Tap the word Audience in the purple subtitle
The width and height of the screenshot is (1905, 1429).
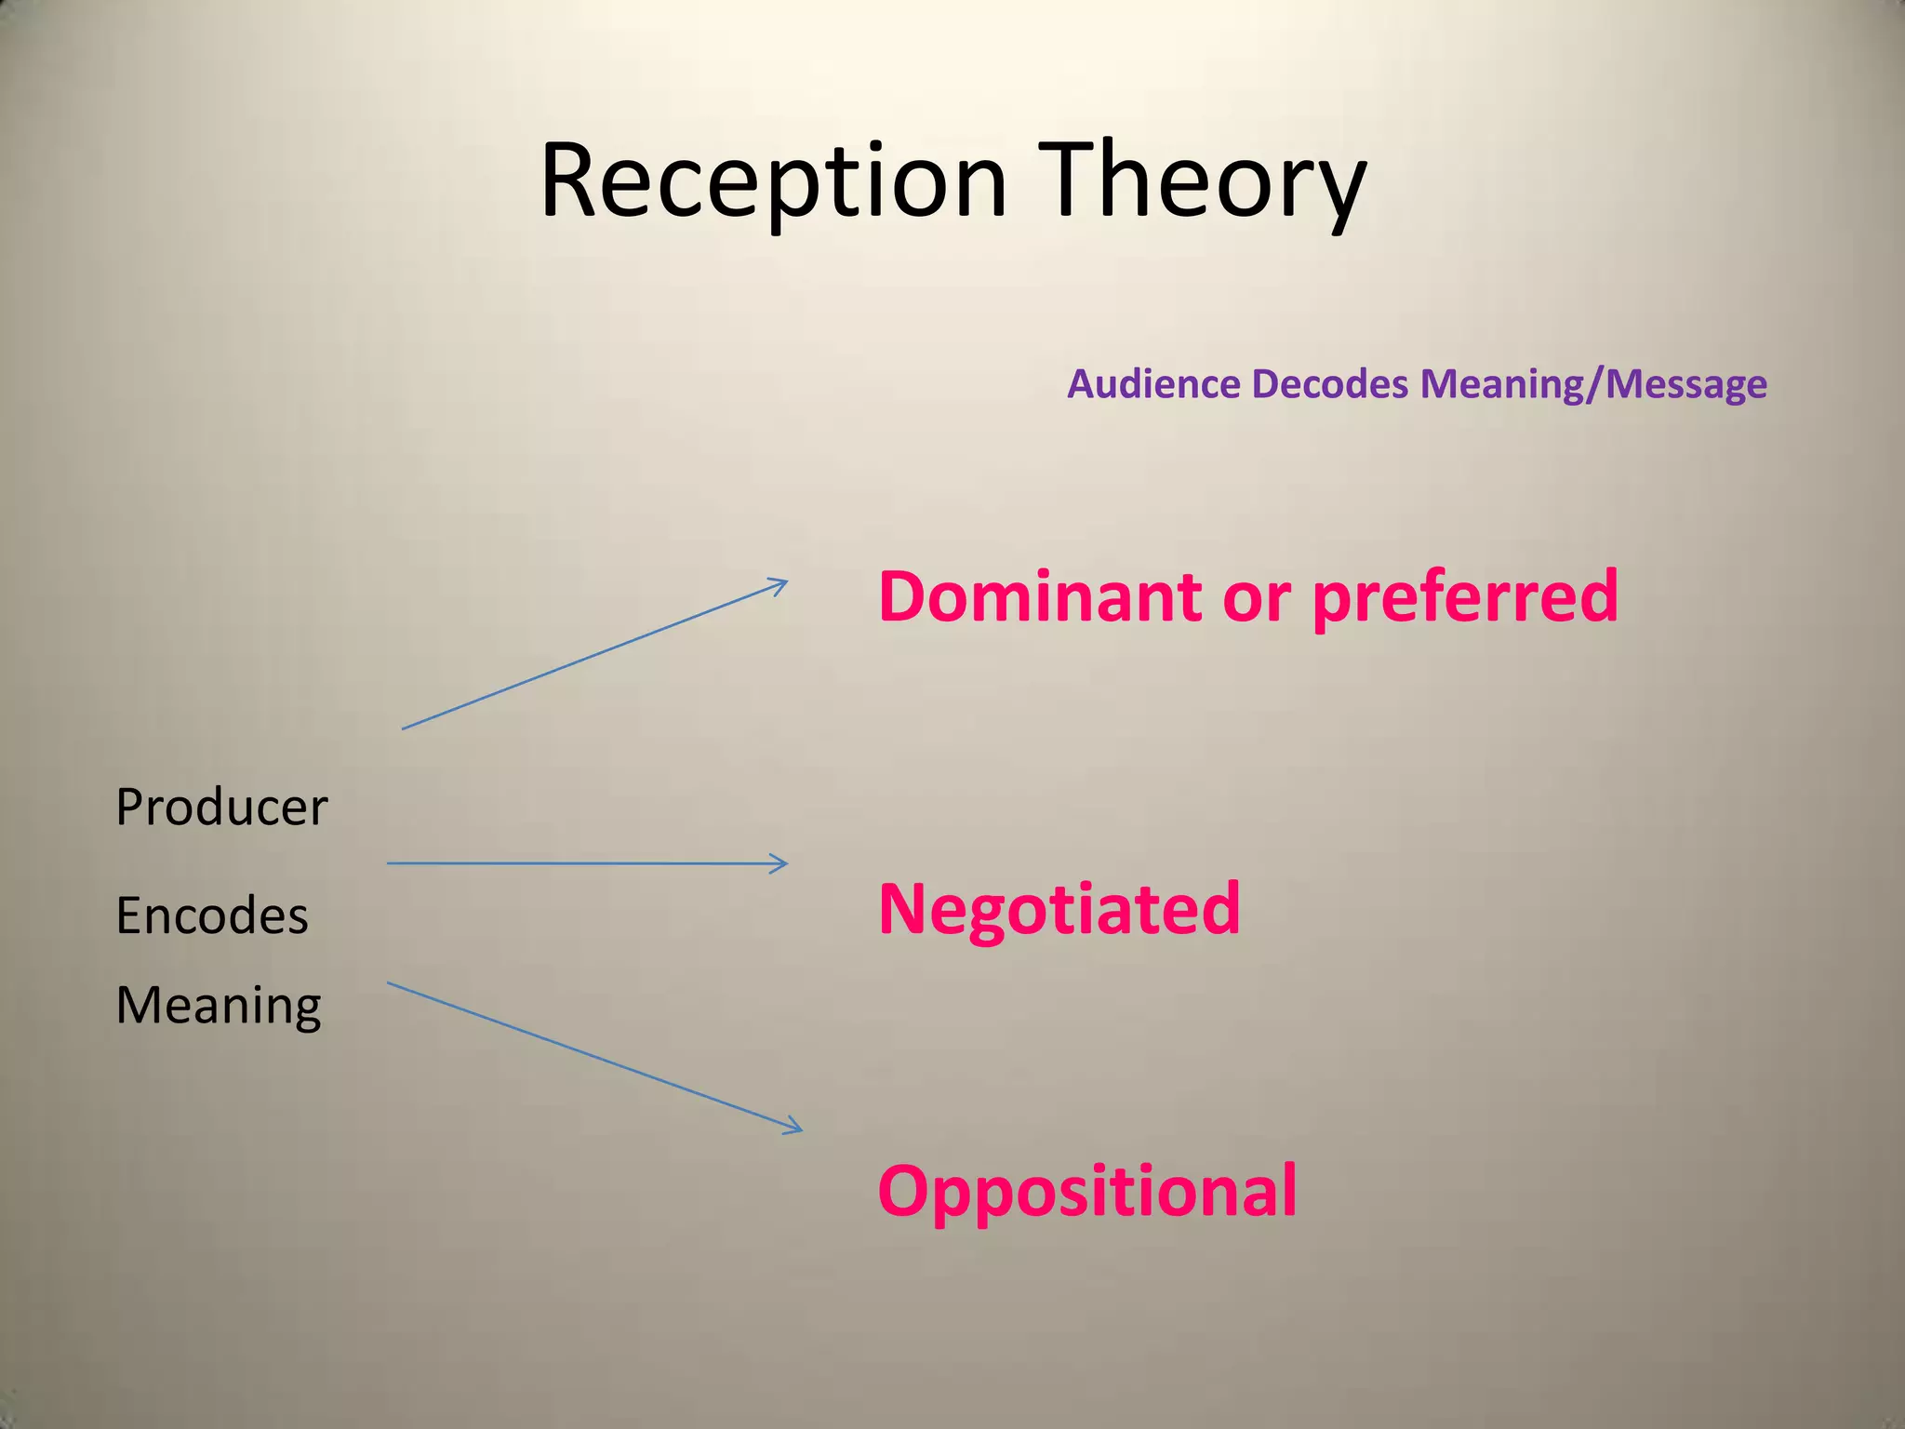click(x=1152, y=384)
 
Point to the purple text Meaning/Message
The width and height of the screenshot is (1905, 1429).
click(x=1593, y=384)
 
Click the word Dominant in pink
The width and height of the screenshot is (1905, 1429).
click(x=1039, y=596)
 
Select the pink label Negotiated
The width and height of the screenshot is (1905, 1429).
click(x=1059, y=910)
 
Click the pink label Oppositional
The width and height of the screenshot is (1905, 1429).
click(x=1086, y=1192)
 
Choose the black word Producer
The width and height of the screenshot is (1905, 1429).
click(x=221, y=807)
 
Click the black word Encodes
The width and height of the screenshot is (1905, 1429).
click(x=212, y=915)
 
